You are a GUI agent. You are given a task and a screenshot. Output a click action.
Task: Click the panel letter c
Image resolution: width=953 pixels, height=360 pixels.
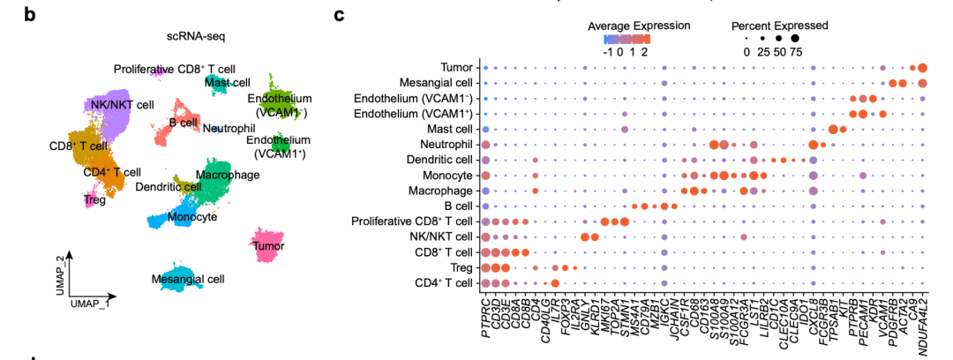(x=339, y=15)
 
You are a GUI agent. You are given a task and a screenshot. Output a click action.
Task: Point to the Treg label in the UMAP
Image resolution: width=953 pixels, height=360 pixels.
(x=94, y=200)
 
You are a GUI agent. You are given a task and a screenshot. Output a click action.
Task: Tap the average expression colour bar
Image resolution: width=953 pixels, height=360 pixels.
(x=627, y=39)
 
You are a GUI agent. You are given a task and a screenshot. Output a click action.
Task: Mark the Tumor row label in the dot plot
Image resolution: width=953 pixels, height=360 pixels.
(x=460, y=67)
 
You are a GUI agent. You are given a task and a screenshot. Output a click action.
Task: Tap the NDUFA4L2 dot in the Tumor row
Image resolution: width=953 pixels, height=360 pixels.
(x=922, y=68)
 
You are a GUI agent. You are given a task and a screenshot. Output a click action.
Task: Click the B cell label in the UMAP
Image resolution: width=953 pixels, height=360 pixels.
(x=184, y=123)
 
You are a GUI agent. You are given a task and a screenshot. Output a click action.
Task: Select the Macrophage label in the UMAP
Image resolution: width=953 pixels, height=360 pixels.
(x=228, y=176)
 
